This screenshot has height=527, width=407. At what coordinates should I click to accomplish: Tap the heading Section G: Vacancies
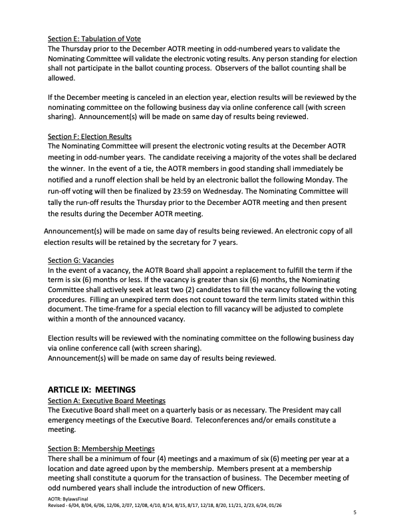(x=80, y=260)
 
